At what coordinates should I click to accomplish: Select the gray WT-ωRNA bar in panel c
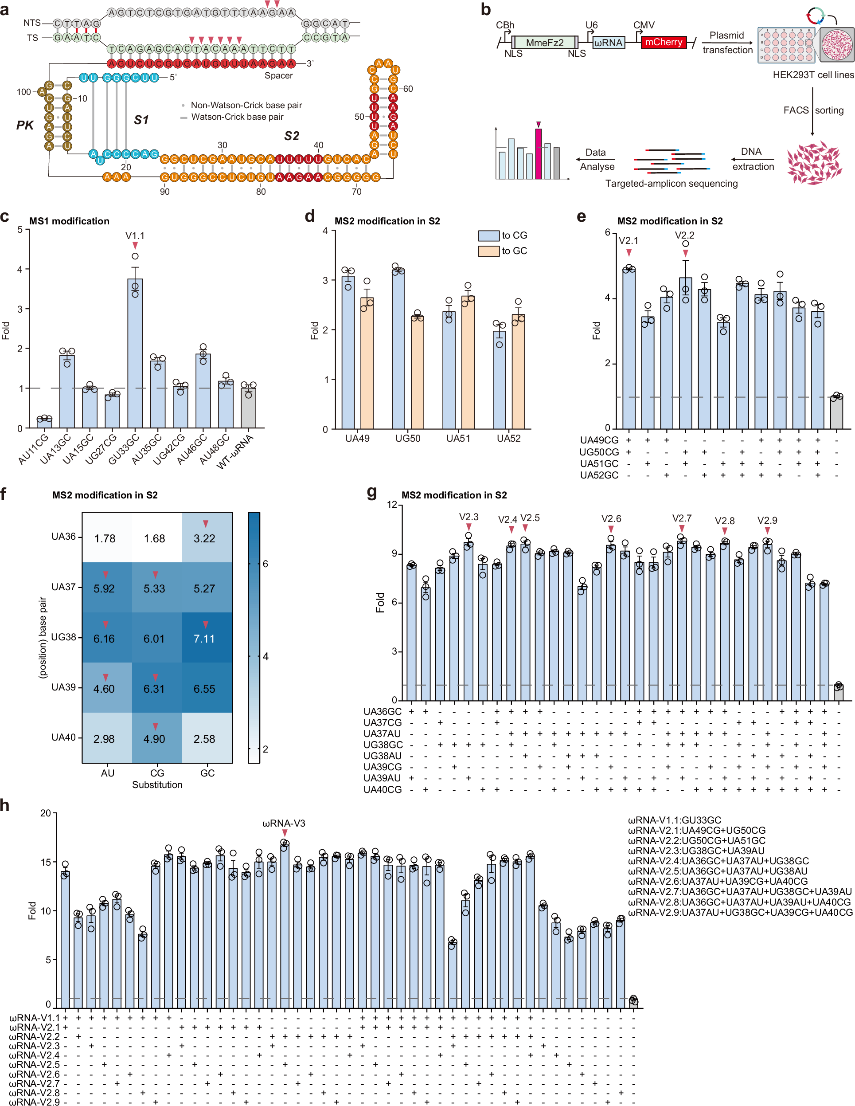(248, 408)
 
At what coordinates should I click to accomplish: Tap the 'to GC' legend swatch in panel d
(488, 251)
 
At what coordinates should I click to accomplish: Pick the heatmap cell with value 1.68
(154, 538)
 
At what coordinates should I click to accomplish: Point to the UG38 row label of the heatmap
(63, 637)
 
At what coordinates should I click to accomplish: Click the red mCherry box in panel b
(663, 43)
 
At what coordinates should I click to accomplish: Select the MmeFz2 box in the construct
(544, 43)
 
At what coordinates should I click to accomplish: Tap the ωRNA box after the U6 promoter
(608, 43)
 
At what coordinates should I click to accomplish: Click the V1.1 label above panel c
(135, 235)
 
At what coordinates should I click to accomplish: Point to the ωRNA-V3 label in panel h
(284, 824)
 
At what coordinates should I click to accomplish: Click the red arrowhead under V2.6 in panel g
(611, 529)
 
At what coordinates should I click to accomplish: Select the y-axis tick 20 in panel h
(46, 813)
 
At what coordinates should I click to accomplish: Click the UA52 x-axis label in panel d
(508, 439)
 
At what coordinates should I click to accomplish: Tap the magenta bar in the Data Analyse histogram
(539, 154)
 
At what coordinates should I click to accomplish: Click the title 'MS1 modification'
(69, 221)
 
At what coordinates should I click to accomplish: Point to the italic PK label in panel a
(25, 125)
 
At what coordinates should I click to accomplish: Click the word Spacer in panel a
(278, 75)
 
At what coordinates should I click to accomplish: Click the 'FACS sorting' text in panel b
(813, 110)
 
